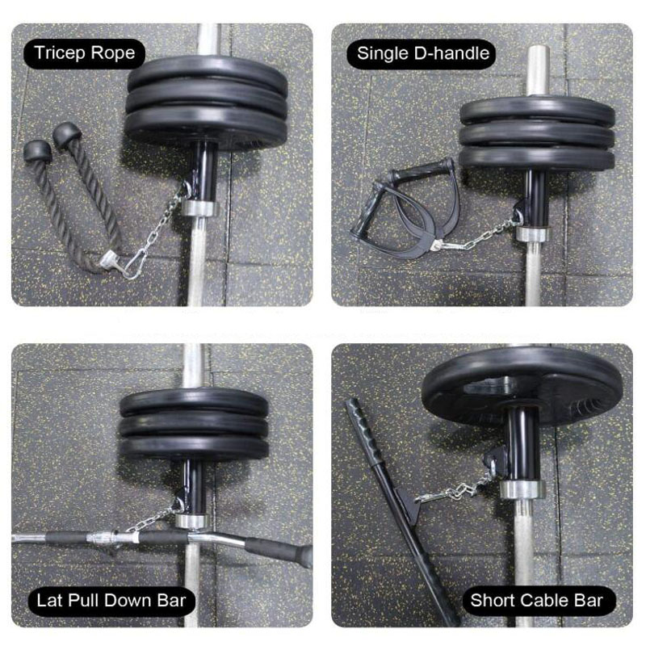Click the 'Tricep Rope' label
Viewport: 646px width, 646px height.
[x=85, y=53]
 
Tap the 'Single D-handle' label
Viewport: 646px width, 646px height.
[x=422, y=53]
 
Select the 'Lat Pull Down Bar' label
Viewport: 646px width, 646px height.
[x=111, y=601]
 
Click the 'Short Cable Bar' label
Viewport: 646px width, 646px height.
[x=536, y=601]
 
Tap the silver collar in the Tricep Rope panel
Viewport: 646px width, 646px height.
[x=199, y=208]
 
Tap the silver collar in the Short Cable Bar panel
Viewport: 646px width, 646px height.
[x=522, y=489]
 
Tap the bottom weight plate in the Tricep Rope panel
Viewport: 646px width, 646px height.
[x=206, y=126]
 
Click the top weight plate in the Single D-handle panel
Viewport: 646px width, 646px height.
[x=537, y=110]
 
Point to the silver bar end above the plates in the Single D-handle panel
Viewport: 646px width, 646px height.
[x=538, y=70]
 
